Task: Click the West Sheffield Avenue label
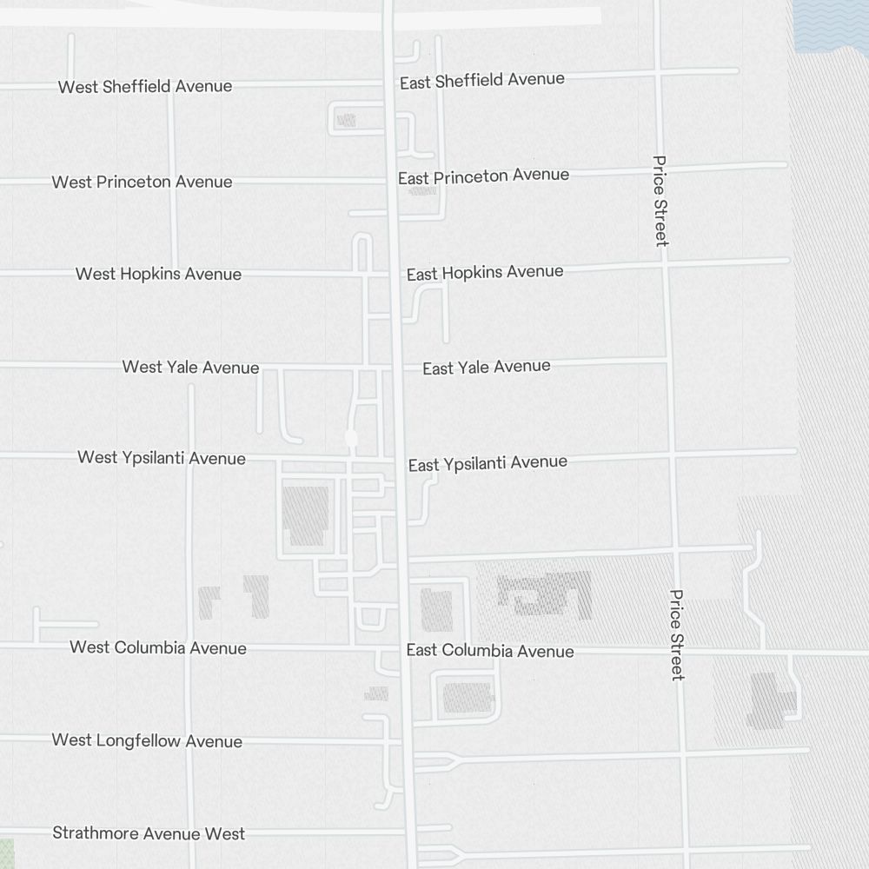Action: [x=145, y=87]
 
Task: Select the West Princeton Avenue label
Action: [x=142, y=182]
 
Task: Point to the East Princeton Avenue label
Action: [x=484, y=176]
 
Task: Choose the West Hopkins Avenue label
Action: [x=158, y=275]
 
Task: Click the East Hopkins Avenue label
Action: [x=485, y=273]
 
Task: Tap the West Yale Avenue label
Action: [x=190, y=368]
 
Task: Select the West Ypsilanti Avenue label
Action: [x=162, y=458]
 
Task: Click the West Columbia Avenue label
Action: [x=158, y=648]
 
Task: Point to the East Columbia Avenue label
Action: [x=490, y=651]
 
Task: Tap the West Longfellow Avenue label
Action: [x=147, y=741]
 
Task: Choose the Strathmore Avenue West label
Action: [x=149, y=833]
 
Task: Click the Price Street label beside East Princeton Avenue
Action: [x=660, y=200]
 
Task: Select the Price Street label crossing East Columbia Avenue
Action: [x=677, y=634]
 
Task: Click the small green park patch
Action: [x=6, y=853]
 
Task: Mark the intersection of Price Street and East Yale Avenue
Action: [x=667, y=358]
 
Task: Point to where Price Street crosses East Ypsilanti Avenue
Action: [x=672, y=454]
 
